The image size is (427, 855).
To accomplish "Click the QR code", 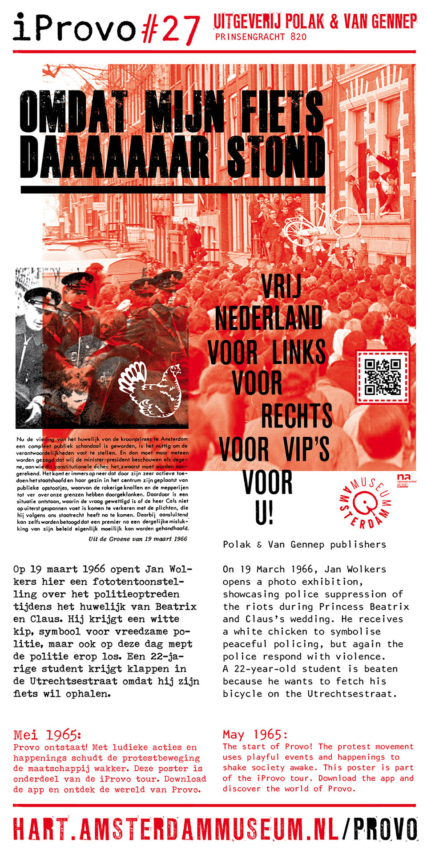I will click(x=383, y=377).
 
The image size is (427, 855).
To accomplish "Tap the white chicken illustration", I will click(x=151, y=389).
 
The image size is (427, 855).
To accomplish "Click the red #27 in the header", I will click(x=170, y=29).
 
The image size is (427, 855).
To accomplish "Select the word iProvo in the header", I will click(x=74, y=28).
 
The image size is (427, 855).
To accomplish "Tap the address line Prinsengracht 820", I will click(x=261, y=37).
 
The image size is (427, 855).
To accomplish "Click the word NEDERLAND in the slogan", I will click(x=269, y=318).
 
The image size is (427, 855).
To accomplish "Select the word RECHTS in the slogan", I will click(x=296, y=415).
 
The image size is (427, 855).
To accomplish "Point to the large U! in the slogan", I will click(x=264, y=513).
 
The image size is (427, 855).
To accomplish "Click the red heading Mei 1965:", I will click(x=47, y=735).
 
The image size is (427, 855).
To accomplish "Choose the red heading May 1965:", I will click(x=255, y=734).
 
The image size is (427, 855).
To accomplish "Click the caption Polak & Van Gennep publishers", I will click(x=304, y=544).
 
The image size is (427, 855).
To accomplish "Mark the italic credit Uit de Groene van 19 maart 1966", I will click(x=138, y=539).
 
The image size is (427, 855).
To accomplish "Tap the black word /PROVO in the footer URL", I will click(x=380, y=829).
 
